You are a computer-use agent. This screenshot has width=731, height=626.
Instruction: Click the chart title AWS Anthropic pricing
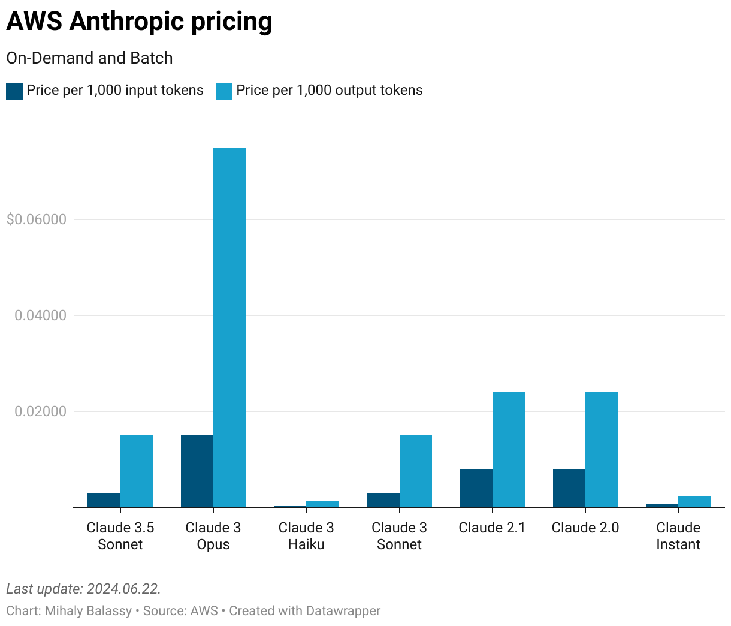point(139,22)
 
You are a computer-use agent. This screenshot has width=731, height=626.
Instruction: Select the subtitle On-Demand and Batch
point(89,58)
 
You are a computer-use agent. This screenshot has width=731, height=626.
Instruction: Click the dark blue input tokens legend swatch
point(14,91)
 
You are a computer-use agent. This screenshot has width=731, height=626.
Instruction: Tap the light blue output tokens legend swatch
point(224,91)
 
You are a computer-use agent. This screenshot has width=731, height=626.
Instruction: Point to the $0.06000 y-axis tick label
point(36,219)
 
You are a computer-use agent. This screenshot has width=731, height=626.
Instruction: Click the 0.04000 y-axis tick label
point(40,315)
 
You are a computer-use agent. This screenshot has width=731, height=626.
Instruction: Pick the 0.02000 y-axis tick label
point(40,411)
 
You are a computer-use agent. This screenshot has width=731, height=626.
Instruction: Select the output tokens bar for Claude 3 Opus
point(229,327)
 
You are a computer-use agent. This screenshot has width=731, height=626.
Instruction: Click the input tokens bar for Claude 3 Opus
point(197,471)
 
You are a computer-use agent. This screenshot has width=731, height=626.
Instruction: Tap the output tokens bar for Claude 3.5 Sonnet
point(137,471)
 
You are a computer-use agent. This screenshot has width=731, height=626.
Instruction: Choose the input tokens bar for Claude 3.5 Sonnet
point(104,500)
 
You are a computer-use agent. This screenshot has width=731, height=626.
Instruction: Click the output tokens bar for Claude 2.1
point(509,450)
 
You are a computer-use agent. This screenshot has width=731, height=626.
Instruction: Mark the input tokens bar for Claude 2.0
point(569,488)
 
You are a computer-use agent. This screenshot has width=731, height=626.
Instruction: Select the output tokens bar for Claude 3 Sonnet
point(416,471)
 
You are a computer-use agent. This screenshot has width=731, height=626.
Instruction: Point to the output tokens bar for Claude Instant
point(694,501)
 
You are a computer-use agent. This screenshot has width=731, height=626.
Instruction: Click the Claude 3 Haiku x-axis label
point(306,536)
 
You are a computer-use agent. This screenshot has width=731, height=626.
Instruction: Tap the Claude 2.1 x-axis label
point(492,528)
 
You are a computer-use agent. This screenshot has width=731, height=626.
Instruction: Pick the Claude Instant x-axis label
point(678,536)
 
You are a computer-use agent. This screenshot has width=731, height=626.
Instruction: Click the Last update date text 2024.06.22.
point(123,589)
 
